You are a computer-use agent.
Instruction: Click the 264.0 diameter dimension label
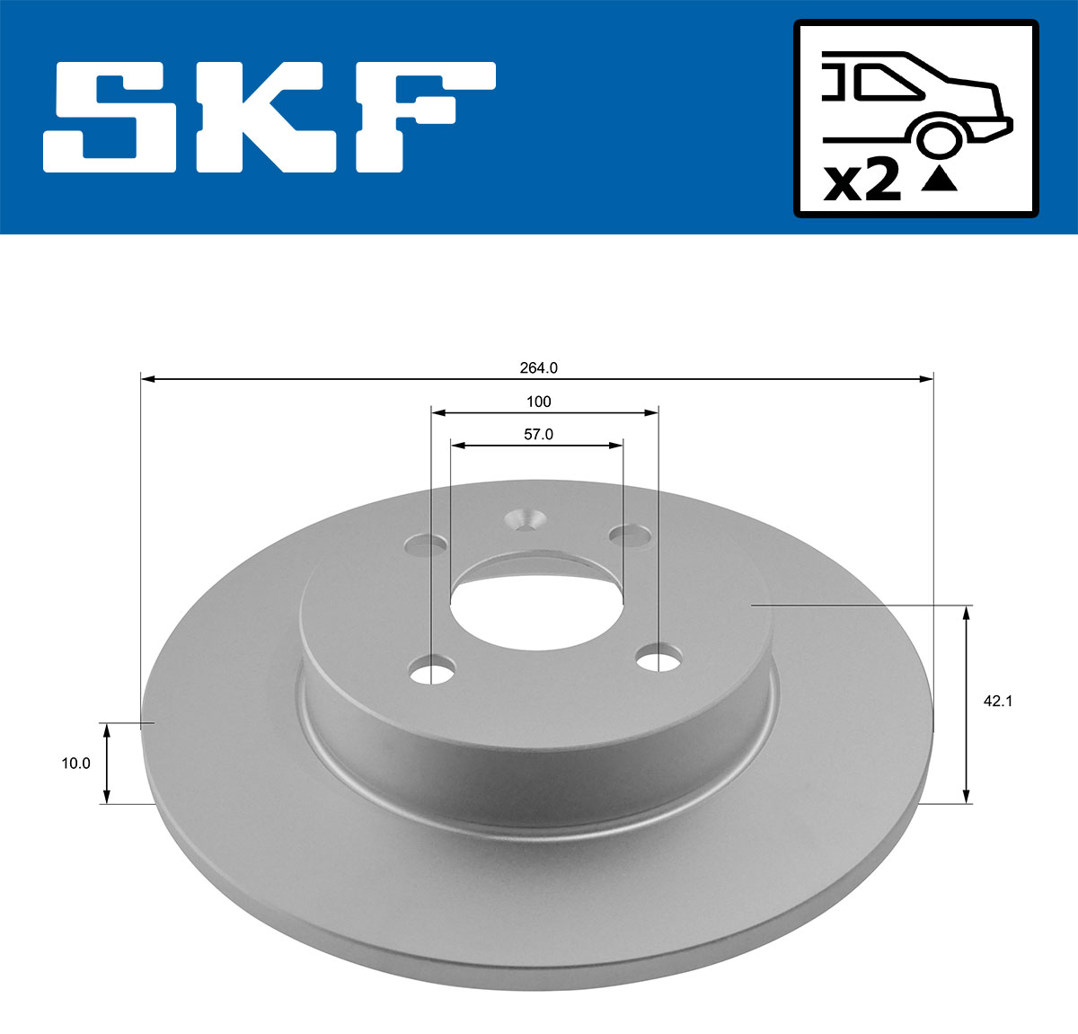coord(538,367)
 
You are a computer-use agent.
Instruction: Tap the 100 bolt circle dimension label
coord(538,402)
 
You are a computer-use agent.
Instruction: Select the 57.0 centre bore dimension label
coord(538,434)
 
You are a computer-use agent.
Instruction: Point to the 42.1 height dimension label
coord(997,702)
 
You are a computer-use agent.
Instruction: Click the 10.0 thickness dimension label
coord(75,764)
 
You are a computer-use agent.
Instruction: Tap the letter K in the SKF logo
coord(261,117)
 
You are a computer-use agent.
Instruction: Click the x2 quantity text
coord(862,182)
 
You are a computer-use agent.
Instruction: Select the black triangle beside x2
coord(939,179)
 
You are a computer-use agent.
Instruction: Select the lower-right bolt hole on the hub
coord(658,659)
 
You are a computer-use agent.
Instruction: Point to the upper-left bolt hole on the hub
coord(426,544)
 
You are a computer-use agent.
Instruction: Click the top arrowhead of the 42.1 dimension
coord(967,613)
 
